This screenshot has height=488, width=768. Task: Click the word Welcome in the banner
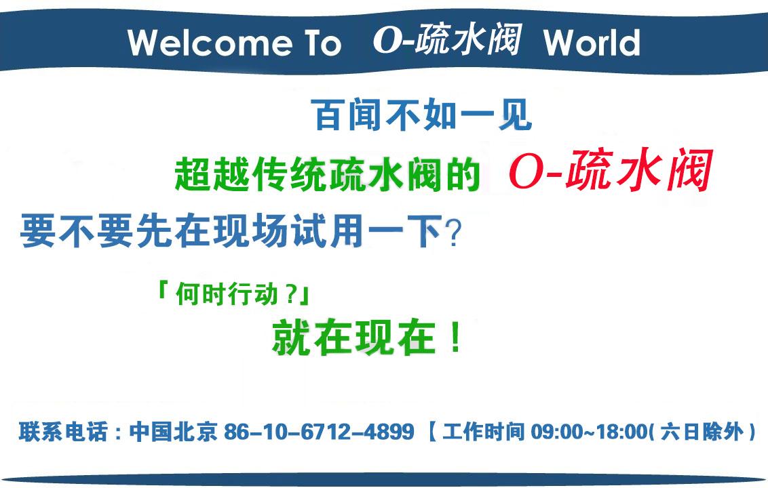pos(210,43)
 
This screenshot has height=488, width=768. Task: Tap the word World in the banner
pos(592,43)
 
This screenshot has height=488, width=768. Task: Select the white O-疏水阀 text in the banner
pos(447,39)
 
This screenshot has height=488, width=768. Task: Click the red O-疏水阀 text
pos(610,170)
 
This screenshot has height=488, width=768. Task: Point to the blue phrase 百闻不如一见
pos(421,115)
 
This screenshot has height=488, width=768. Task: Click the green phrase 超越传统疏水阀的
pos(327,174)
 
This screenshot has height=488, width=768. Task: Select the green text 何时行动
pos(227,294)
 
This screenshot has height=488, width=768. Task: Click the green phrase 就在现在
pos(353,338)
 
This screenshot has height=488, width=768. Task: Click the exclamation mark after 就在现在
pos(456,337)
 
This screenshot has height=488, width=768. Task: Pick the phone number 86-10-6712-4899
pos(319,432)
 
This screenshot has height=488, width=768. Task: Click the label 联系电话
pos(63,432)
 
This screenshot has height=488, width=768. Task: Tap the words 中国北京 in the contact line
pos(174,432)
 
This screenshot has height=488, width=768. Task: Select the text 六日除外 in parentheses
pos(702,432)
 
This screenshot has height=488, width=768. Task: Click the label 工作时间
pos(484,432)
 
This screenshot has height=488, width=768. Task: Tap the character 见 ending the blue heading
pos(515,115)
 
